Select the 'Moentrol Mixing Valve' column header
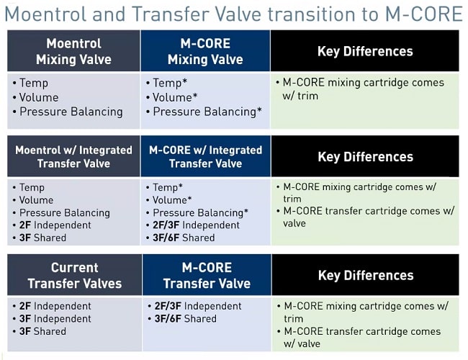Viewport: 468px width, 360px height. click(x=74, y=51)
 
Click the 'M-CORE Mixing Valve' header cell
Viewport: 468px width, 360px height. click(x=205, y=51)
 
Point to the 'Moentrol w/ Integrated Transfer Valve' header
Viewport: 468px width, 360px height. click(x=74, y=156)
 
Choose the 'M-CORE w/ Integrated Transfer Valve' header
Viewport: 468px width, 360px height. click(x=205, y=156)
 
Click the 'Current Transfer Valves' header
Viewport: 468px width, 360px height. click(x=74, y=275)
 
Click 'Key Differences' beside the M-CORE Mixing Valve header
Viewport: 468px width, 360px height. click(x=365, y=51)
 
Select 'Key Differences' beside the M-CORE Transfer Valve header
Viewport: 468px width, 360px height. click(x=365, y=275)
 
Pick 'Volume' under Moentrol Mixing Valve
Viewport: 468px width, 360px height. click(x=39, y=97)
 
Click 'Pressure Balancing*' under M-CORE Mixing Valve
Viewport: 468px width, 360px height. click(x=207, y=112)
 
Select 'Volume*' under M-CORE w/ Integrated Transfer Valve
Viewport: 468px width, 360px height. click(x=172, y=200)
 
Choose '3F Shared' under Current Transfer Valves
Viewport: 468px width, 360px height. click(x=43, y=331)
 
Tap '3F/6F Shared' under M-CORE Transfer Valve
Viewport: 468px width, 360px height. click(x=185, y=318)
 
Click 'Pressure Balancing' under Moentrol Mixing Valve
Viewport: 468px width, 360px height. click(x=71, y=112)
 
